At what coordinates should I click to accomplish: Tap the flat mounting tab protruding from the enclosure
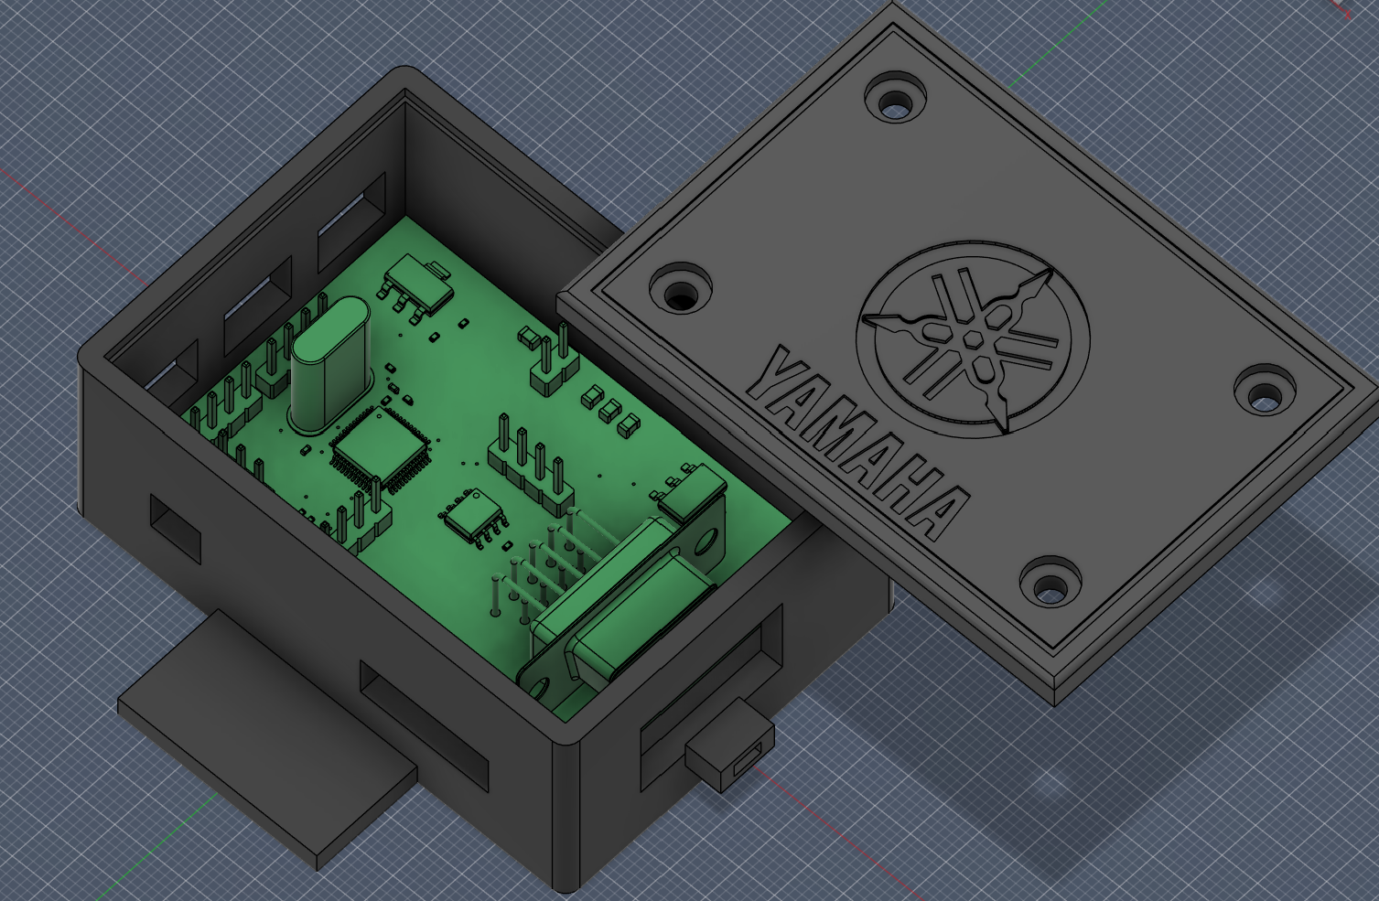click(265, 732)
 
